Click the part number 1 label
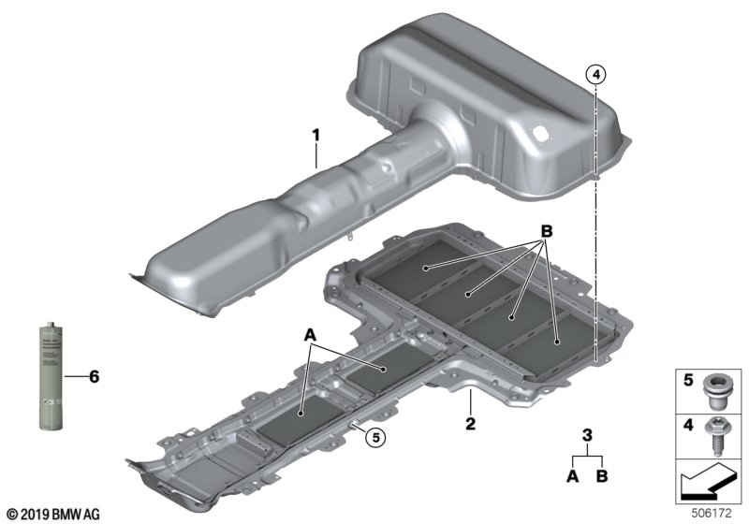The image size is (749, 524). pos(316,137)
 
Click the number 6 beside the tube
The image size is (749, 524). pos(92,377)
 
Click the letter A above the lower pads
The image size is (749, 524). pos(310,334)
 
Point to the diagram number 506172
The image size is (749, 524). pos(718,514)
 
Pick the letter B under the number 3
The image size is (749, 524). pos(602,476)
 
